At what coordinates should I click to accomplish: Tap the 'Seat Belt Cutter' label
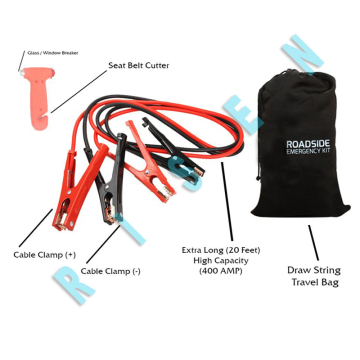[x=138, y=65]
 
